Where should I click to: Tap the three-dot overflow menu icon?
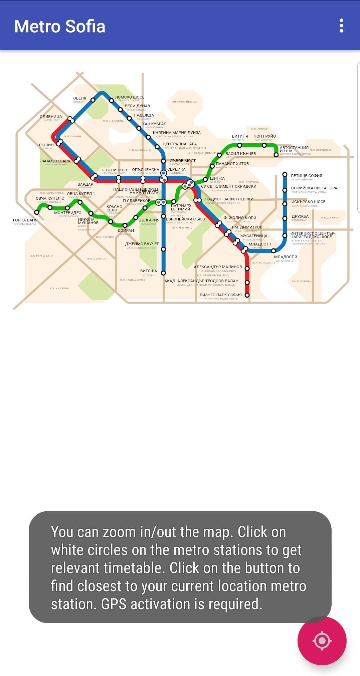tap(341, 26)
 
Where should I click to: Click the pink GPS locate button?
tap(322, 640)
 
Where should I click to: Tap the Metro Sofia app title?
tap(60, 26)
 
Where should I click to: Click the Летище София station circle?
tap(285, 174)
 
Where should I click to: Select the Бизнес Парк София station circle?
tap(247, 295)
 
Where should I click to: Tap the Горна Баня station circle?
tap(37, 212)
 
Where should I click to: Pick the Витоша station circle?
tap(163, 273)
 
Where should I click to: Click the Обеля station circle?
tap(93, 100)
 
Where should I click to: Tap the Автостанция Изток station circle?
tap(276, 155)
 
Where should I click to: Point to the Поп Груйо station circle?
tap(264, 145)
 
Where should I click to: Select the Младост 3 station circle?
tap(273, 251)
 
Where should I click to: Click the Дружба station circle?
tap(285, 218)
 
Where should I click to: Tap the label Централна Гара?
tap(180, 144)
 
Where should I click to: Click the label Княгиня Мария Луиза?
tap(177, 133)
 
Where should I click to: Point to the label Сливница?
tap(51, 117)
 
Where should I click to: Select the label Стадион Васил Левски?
tap(228, 199)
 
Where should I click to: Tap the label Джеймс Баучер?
tap(142, 244)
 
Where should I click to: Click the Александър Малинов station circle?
tap(247, 269)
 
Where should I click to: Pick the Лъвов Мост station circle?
tap(163, 161)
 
